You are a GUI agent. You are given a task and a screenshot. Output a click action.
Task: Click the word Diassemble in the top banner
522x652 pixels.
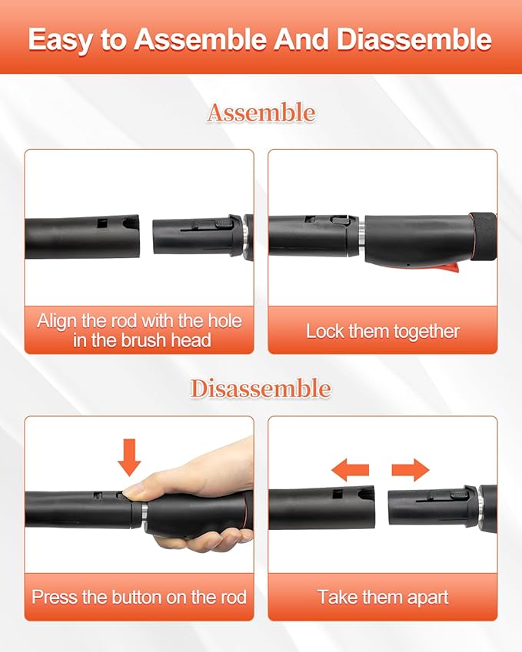414,40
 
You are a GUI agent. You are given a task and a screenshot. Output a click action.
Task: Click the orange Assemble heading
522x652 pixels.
261,113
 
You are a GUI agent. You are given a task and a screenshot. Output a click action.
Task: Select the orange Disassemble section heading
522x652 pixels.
261,389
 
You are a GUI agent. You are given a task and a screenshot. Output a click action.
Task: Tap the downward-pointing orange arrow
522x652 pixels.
129,458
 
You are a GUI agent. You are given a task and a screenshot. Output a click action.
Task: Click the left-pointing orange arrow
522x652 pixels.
350,470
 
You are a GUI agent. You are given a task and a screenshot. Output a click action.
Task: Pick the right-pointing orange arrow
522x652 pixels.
411,470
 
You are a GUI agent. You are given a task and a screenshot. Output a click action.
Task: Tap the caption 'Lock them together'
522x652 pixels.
383,332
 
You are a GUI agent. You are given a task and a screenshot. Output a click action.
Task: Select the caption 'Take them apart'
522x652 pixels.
383,597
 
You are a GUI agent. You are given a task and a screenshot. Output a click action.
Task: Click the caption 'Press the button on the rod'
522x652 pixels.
139,597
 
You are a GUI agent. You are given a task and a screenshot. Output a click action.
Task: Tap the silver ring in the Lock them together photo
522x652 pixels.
362,239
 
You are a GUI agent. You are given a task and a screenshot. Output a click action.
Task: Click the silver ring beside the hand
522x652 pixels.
145,511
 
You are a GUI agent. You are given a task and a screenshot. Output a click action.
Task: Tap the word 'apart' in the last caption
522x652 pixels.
427,598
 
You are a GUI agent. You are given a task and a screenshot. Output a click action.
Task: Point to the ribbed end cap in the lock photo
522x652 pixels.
483,238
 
